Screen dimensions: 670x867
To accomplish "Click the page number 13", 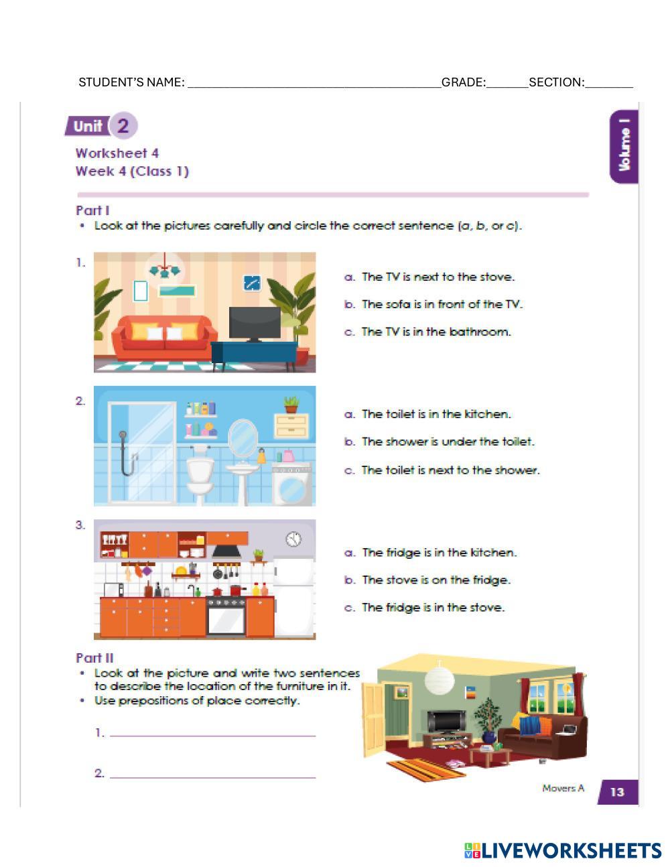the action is tap(616, 791).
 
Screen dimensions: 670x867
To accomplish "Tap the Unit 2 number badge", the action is tap(123, 126).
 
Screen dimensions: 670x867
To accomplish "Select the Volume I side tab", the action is tap(624, 147).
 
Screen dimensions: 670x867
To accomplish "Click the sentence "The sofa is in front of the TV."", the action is tap(442, 304).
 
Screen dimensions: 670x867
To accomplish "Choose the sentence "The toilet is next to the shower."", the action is tap(451, 470).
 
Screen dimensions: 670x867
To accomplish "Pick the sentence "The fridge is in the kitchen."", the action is tap(439, 553).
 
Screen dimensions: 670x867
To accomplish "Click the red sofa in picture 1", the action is tap(164, 338).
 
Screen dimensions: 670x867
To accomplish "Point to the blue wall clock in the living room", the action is tap(252, 283).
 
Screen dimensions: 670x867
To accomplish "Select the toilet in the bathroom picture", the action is tap(200, 475).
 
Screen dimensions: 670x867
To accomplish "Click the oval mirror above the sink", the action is tap(243, 438).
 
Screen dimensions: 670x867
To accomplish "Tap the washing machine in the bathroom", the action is tap(292, 484).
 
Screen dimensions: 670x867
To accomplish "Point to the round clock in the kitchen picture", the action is tap(293, 539).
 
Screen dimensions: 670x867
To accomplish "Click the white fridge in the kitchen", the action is tap(294, 596).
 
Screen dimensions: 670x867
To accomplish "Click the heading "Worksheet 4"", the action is tap(117, 153).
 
